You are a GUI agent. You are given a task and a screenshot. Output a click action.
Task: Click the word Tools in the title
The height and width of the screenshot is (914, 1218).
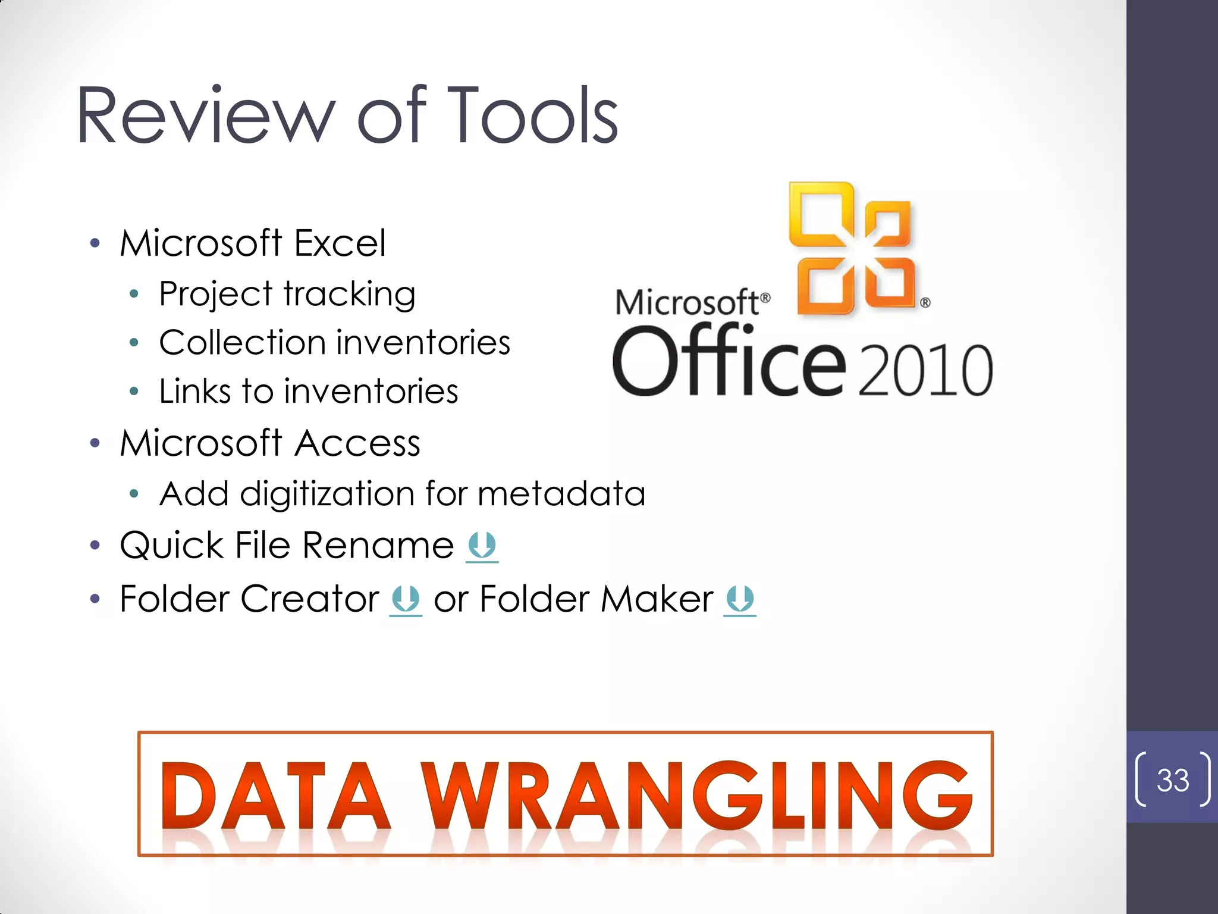point(533,116)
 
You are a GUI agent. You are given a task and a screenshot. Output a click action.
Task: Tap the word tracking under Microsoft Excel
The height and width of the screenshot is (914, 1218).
point(350,295)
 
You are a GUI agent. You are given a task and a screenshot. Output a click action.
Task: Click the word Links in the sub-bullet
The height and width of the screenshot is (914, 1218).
point(195,392)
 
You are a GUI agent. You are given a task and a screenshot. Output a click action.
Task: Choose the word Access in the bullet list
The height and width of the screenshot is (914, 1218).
point(357,443)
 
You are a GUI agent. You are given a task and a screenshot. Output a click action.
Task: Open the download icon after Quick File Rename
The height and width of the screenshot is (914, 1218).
point(482,546)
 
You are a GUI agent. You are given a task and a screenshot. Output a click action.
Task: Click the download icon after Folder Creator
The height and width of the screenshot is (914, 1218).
point(406,599)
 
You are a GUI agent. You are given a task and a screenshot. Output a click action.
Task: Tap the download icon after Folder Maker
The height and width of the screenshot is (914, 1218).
point(740,599)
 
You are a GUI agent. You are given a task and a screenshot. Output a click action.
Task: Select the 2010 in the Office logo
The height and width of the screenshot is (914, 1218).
point(925,371)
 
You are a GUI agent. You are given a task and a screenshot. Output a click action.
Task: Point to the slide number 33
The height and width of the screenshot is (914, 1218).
point(1172,780)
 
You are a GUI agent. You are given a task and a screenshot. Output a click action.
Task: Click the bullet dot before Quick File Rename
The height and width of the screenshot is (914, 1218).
point(95,546)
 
